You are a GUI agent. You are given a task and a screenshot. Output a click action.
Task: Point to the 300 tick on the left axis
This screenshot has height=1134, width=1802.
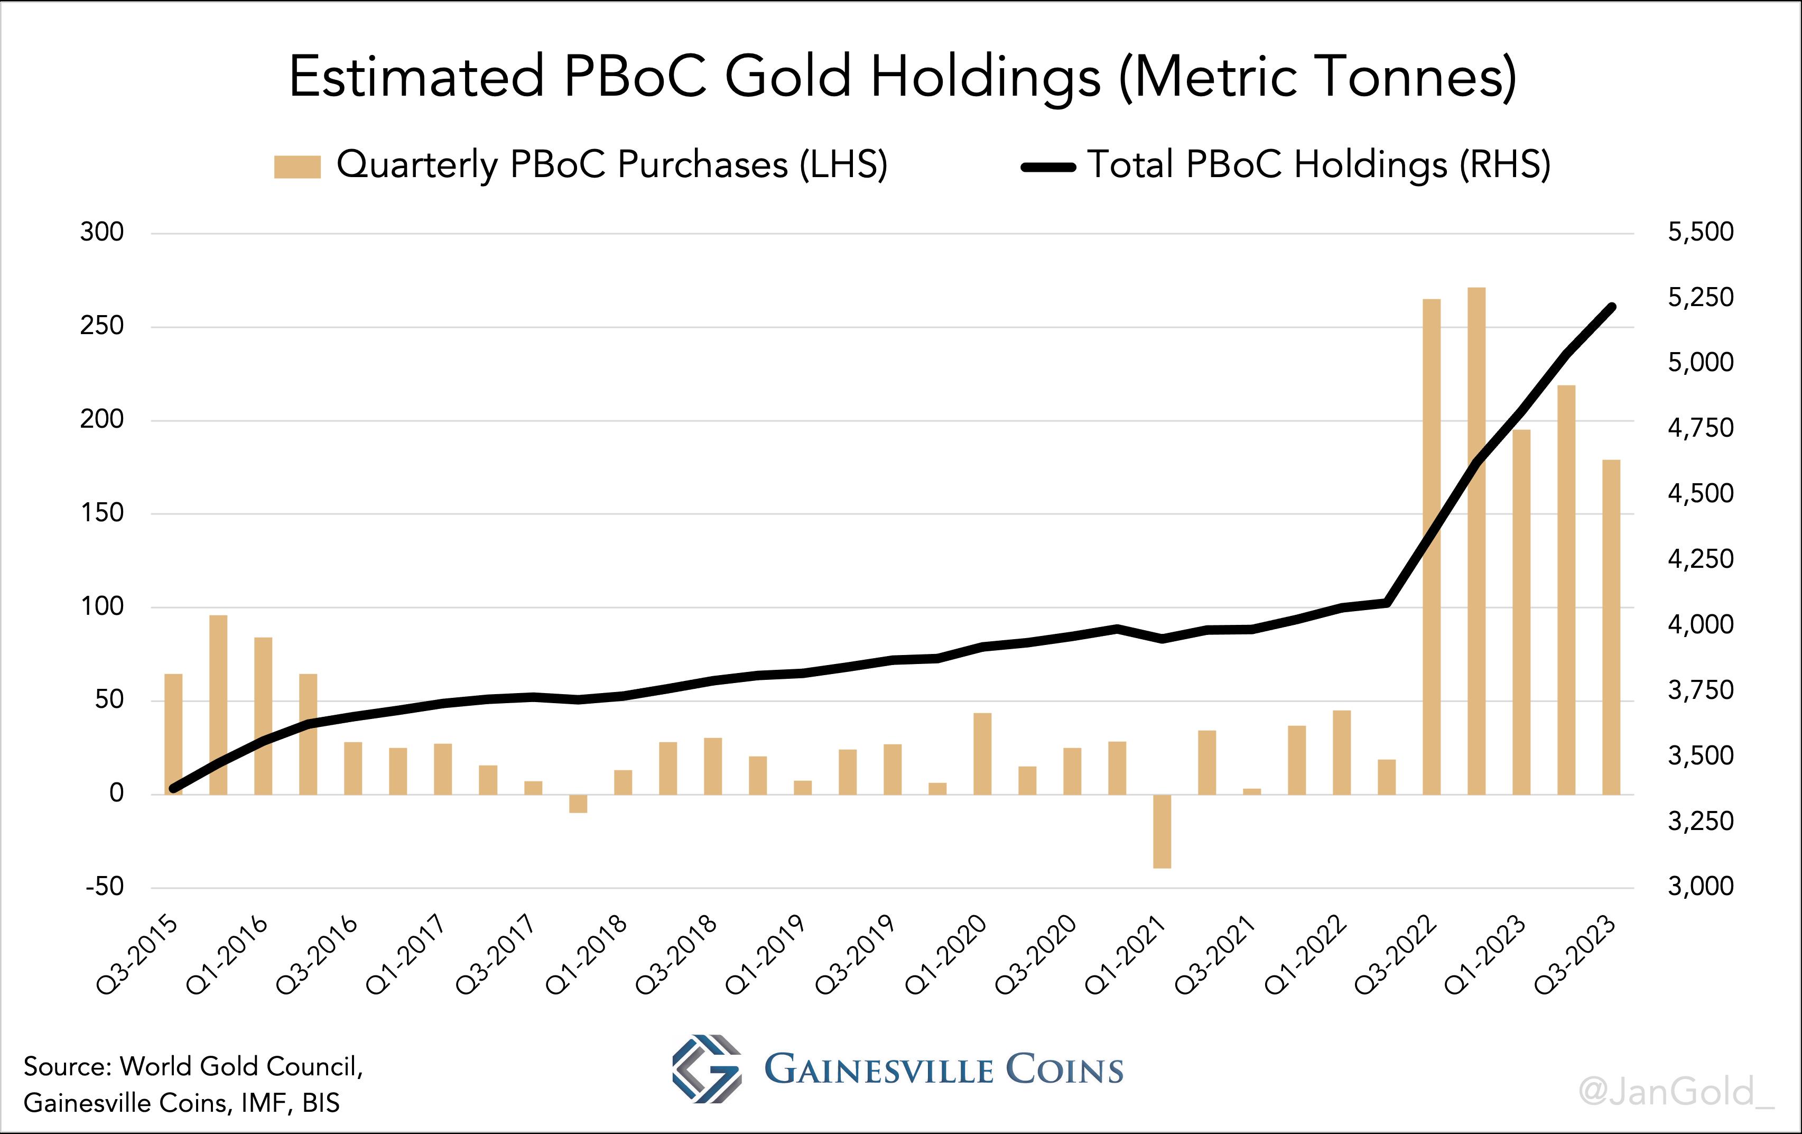pyautogui.click(x=102, y=232)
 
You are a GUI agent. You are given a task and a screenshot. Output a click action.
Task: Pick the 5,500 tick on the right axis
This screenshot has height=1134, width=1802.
pyautogui.click(x=1700, y=232)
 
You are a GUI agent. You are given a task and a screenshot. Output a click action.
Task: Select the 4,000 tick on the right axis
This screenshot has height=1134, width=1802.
pyautogui.click(x=1700, y=624)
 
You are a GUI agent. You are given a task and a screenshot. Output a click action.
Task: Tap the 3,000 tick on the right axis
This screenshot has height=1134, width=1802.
pyautogui.click(x=1700, y=886)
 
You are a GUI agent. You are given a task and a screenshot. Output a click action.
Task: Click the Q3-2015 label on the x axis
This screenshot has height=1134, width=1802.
pyautogui.click(x=139, y=954)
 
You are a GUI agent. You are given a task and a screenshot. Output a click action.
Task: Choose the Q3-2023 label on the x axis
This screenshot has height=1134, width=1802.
pyautogui.click(x=1576, y=954)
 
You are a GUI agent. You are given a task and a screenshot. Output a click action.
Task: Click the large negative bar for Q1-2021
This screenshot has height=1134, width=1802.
pyautogui.click(x=1162, y=831)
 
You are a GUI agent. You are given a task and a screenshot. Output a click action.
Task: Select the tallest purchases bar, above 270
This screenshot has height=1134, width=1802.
pyautogui.click(x=1476, y=539)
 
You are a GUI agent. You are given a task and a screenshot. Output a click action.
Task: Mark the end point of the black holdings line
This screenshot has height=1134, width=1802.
pyautogui.click(x=1613, y=306)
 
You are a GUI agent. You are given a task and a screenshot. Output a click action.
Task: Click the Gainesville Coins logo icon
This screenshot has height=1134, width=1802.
pyautogui.click(x=707, y=1069)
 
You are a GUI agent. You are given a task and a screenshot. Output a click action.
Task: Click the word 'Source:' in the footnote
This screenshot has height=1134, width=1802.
pyautogui.click(x=67, y=1066)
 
